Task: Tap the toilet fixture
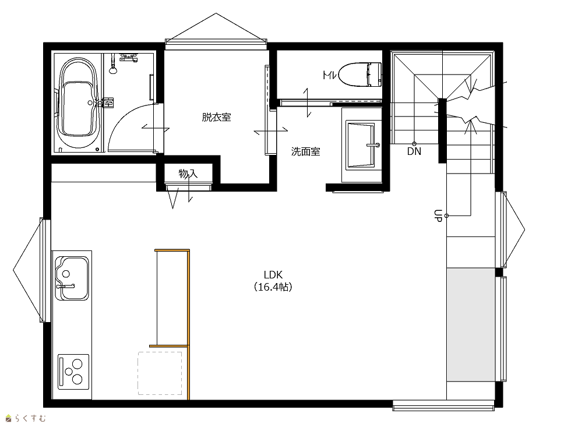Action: pyautogui.click(x=361, y=75)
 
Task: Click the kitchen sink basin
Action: pyautogui.click(x=72, y=278)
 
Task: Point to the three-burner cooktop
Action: pyautogui.click(x=74, y=372)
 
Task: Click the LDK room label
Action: pyautogui.click(x=273, y=275)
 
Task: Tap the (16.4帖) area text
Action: pyautogui.click(x=273, y=287)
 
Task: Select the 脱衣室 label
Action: pyautogui.click(x=216, y=117)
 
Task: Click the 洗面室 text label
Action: pyautogui.click(x=305, y=152)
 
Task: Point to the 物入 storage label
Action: pyautogui.click(x=188, y=174)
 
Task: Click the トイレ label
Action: pyautogui.click(x=329, y=75)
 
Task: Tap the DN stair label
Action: pyautogui.click(x=414, y=151)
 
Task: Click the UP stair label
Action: pyautogui.click(x=438, y=215)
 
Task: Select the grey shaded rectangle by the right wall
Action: pyautogui.click(x=471, y=324)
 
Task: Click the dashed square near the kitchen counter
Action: pyautogui.click(x=160, y=373)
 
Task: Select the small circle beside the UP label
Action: pyautogui.click(x=446, y=215)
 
